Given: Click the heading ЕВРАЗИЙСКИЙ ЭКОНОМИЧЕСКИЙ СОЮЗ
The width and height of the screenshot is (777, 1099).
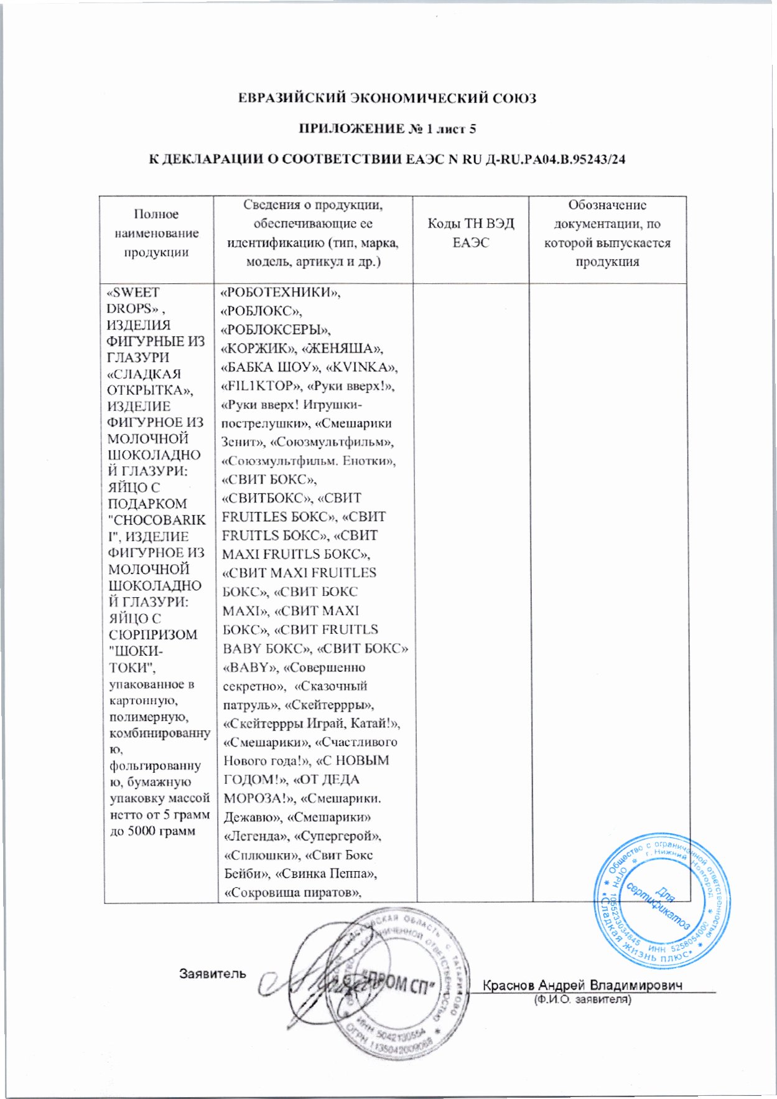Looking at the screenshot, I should click(388, 98).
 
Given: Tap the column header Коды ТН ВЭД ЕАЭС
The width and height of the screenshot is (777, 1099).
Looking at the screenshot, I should click(470, 233).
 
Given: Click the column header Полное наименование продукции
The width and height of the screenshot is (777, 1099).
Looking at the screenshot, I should click(156, 233).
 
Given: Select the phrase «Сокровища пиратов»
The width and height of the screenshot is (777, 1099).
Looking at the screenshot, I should click(292, 892).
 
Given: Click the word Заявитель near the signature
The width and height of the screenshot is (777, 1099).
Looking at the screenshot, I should click(213, 973).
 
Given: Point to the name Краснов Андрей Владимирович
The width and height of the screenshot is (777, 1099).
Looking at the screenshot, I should click(583, 985).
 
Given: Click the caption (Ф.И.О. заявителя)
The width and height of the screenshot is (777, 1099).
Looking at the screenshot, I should click(583, 1000).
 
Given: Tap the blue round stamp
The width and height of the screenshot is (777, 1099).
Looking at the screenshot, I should click(662, 901).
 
